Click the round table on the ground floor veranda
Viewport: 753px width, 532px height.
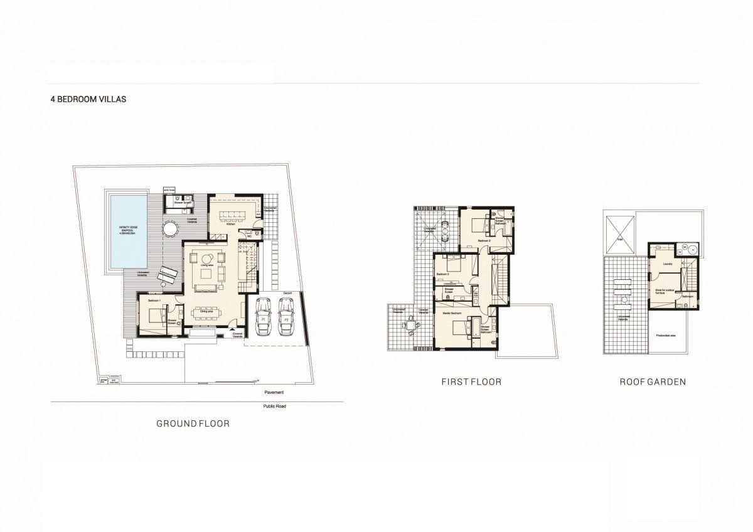(171, 226)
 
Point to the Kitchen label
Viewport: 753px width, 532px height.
(231, 225)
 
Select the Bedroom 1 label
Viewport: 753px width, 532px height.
(155, 301)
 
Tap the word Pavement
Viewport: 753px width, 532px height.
(274, 392)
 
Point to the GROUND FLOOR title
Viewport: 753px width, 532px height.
(193, 424)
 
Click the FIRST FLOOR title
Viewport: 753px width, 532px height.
(471, 381)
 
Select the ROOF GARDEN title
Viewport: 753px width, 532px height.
(653, 381)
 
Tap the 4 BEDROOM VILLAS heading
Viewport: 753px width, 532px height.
(88, 99)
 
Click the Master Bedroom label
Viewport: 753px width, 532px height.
(452, 312)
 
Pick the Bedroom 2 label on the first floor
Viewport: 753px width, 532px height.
(483, 240)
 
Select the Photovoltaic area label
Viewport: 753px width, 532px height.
(665, 335)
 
